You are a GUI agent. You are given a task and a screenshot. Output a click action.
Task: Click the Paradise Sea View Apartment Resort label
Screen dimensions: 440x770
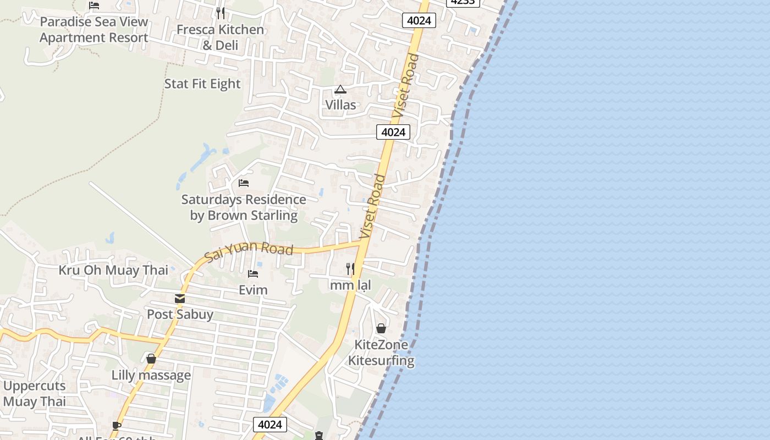94,30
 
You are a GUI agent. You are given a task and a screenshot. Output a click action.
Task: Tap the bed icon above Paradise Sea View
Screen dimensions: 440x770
94,5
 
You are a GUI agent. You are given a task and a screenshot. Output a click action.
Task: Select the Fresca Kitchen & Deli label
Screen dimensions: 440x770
220,37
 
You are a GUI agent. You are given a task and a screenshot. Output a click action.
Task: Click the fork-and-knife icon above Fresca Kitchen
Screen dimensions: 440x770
220,13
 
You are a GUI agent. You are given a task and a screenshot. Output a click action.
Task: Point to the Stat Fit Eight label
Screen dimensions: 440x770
202,84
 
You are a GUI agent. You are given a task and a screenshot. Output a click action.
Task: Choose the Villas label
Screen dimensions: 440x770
340,105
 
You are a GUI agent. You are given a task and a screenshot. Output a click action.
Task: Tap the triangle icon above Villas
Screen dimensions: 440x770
340,89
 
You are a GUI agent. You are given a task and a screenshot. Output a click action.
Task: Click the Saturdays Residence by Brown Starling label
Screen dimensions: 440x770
244,207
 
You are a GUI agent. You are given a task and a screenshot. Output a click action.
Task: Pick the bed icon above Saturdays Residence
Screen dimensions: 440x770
244,183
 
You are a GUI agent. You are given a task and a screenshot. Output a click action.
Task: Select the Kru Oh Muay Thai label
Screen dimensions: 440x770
113,270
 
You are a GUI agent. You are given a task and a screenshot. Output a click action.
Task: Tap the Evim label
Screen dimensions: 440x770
253,290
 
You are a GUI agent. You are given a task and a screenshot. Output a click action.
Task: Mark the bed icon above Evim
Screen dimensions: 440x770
253,274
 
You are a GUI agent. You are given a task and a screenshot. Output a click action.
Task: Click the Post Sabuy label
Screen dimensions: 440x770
180,315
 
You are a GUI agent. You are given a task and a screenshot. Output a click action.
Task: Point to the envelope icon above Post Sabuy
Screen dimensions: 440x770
180,299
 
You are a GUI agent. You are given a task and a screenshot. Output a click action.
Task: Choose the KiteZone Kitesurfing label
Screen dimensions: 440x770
381,353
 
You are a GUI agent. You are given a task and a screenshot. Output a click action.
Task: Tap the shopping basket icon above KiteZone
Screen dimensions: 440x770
381,329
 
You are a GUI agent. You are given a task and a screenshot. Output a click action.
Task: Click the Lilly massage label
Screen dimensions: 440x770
151,375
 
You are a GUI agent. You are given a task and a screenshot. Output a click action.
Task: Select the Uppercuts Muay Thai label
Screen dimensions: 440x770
34,393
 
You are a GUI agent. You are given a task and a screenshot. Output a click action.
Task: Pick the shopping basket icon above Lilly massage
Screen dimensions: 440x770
151,359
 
